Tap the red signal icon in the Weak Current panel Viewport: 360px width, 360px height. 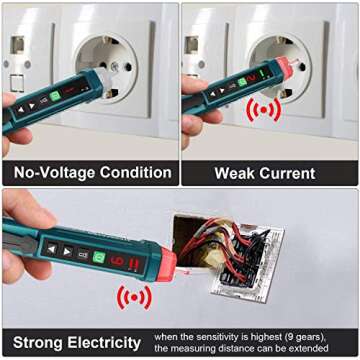coord(264,110)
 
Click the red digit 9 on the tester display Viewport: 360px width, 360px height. coord(118,261)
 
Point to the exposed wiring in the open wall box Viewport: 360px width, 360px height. coord(240,255)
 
